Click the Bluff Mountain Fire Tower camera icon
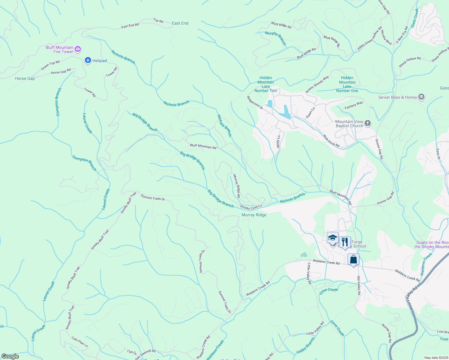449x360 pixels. pos(78,49)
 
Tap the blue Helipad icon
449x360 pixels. pos(88,61)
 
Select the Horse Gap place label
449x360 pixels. pos(25,78)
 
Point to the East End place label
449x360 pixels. pos(180,23)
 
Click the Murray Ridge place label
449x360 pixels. pos(254,215)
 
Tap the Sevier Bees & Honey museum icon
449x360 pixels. pos(421,97)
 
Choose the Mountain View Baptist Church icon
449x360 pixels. pos(368,123)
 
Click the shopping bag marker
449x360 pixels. pos(353,259)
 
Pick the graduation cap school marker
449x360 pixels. pos(333,238)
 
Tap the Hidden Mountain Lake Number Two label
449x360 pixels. pos(266,84)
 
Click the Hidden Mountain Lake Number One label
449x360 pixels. pos(347,84)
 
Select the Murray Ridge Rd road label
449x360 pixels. pos(237,186)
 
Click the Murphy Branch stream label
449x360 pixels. pos(276,38)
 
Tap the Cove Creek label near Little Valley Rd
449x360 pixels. pos(329,291)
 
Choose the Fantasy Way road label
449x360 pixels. pos(354,105)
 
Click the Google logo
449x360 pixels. pos(10,356)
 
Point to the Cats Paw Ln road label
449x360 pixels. pos(80,342)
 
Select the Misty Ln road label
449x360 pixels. pos(278,141)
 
